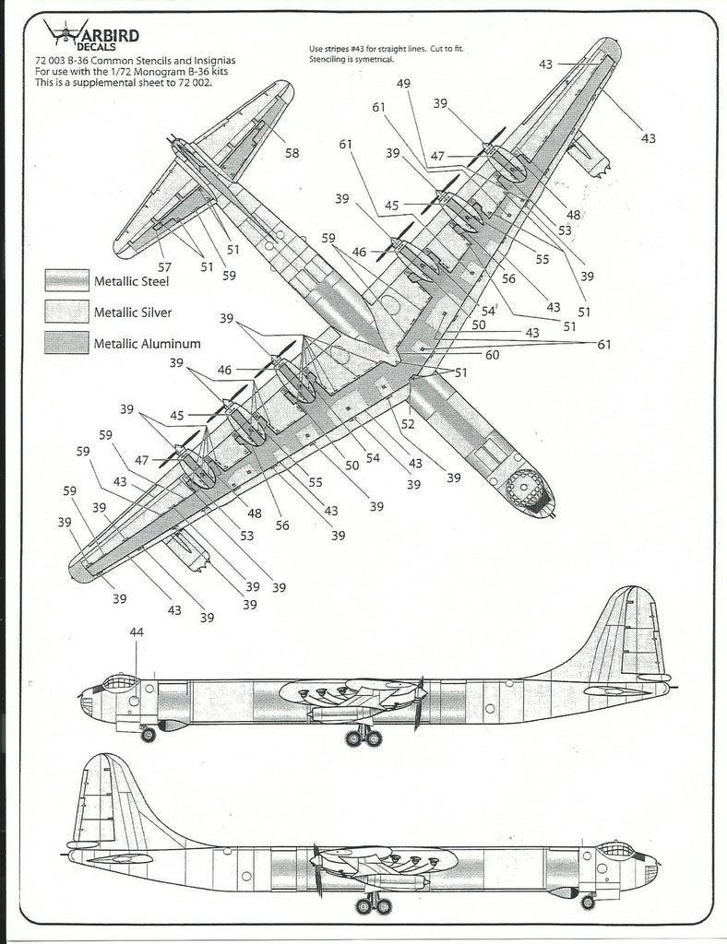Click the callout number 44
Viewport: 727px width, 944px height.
coord(137,632)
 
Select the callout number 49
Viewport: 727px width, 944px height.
coord(403,85)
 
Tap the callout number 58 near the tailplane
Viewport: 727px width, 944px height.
coord(292,153)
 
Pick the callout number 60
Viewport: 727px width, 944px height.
coord(493,354)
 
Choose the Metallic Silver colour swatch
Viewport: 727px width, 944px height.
coord(66,312)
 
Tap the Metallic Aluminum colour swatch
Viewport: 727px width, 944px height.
coord(66,343)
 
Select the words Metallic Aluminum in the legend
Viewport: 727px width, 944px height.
coord(147,344)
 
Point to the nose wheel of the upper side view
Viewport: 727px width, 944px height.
coord(148,735)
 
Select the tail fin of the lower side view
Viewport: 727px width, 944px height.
coord(105,793)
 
